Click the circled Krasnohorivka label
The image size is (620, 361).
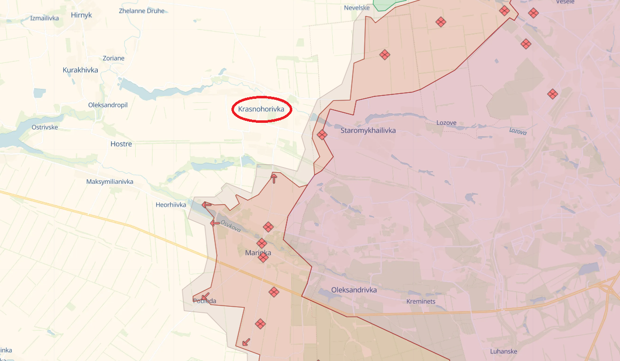coord(261,109)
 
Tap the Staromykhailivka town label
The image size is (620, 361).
coord(368,131)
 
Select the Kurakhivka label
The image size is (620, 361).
coord(80,70)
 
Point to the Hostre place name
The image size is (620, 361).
coord(121,144)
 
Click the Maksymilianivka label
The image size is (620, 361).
coord(110,182)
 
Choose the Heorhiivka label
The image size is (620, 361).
coord(171,205)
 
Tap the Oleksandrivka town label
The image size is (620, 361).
coord(354,290)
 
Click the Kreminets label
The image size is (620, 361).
coord(421,302)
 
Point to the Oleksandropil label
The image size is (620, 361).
coord(108,105)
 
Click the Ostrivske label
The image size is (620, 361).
coord(44,127)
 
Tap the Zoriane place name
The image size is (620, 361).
coord(113,58)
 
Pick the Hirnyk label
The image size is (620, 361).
coord(81,15)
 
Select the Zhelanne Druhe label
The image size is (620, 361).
coord(142,11)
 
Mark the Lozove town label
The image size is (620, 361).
coord(446,123)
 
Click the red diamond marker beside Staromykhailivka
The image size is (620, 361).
coord(322,135)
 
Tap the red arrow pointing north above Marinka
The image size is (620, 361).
coord(274,178)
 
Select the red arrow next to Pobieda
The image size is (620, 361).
coord(205,296)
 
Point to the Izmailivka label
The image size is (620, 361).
coord(44,18)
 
